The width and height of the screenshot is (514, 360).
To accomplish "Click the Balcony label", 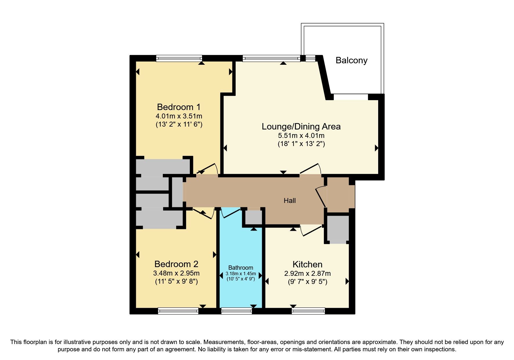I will tap(351, 60).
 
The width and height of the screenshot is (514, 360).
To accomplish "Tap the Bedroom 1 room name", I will tap(178, 107).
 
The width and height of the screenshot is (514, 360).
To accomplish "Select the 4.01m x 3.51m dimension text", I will tap(179, 116).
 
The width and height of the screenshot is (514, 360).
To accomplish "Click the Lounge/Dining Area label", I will tap(301, 127).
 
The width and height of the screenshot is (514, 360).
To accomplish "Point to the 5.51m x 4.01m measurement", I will tap(301, 136).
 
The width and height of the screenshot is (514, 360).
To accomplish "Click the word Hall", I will tap(290, 201).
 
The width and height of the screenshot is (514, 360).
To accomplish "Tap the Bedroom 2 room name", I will tap(176, 264).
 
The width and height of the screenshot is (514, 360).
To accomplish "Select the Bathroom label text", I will tap(241, 268).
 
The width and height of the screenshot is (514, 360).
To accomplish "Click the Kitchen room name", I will tap(307, 264).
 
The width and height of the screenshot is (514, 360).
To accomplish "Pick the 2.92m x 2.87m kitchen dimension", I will tap(307, 273).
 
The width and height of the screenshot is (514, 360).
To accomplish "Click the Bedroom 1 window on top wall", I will tap(179, 58).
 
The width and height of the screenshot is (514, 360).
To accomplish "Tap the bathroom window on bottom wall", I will tap(237, 311).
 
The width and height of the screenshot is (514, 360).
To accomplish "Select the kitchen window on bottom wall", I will tap(308, 311).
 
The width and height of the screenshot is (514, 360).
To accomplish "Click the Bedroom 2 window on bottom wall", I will tap(178, 311).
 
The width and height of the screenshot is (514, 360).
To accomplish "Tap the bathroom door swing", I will tap(230, 213).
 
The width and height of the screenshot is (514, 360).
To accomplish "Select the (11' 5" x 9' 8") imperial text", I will tap(176, 281).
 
